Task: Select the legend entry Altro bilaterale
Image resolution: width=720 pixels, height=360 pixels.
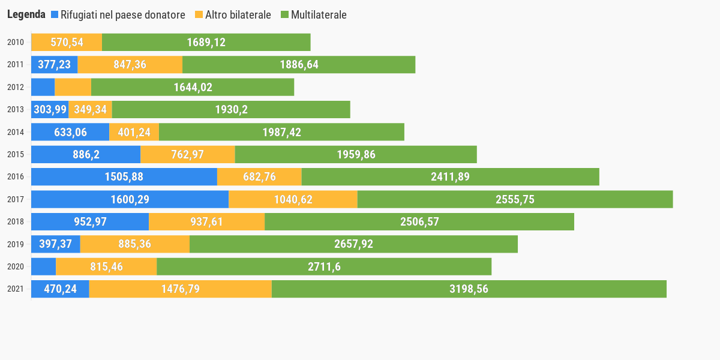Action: [x=238, y=14]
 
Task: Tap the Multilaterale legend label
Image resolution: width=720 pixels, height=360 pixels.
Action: [x=319, y=14]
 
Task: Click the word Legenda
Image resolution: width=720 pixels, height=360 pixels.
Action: [x=26, y=14]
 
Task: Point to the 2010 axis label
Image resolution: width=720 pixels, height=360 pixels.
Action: [x=16, y=42]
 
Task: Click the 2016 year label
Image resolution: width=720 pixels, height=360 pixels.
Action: [x=16, y=176]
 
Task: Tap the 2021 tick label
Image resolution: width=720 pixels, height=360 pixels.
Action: [x=16, y=289]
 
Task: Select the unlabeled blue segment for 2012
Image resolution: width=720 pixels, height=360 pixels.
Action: [x=43, y=87]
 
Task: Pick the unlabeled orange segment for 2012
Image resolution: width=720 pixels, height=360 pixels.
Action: [x=73, y=87]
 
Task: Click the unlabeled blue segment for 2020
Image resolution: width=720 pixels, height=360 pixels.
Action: [x=43, y=266]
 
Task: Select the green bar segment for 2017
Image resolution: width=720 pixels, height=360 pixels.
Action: [x=515, y=199]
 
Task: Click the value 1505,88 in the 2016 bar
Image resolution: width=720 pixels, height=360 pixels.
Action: [x=124, y=176]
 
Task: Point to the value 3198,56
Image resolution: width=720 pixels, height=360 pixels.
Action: [x=469, y=289]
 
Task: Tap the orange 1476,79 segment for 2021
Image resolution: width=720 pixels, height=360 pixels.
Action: [x=180, y=289]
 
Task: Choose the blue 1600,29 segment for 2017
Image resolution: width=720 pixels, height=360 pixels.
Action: [x=130, y=199]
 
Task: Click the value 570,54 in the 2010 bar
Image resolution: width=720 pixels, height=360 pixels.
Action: [x=67, y=42]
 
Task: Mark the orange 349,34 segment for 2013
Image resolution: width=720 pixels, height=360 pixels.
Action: [x=90, y=109]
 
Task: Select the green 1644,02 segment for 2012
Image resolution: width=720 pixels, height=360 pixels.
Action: [x=193, y=87]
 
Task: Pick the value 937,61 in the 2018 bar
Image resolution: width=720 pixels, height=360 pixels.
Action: [x=206, y=221]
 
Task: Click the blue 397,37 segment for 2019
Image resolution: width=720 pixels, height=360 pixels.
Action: [x=55, y=244]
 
